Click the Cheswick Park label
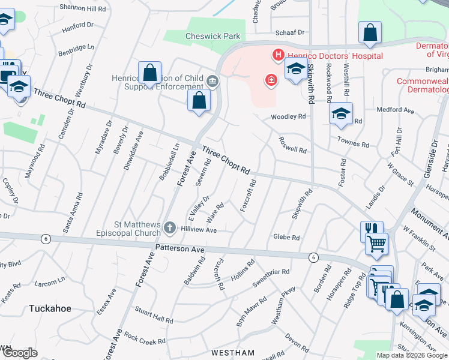coord(212,36)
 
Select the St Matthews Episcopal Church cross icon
coord(170,228)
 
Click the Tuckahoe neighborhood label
coord(50,308)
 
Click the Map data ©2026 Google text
coord(412,355)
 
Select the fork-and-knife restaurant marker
coord(371,230)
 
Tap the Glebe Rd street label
coord(286,238)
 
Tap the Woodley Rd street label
coord(285,117)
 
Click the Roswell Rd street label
coord(292,144)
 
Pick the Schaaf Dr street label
coord(289,32)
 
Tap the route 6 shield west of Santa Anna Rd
coord(46,238)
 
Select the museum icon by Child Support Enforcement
coord(211,81)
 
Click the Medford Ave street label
coord(396,110)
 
